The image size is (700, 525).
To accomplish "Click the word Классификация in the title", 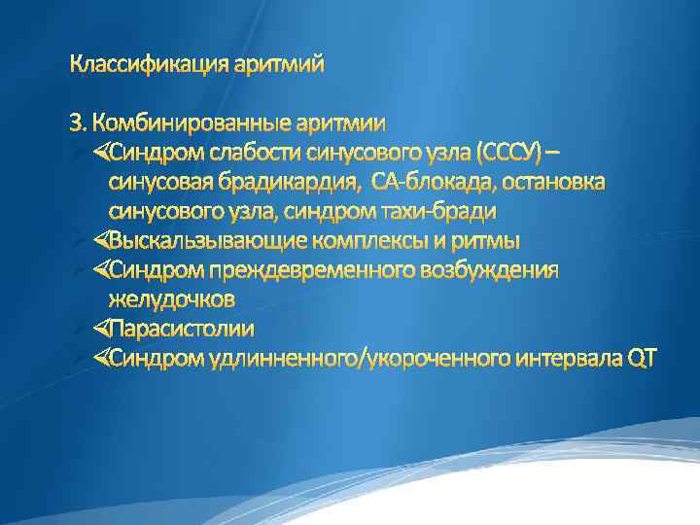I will pos(147,65).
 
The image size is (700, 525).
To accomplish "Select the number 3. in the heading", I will pos(79,123).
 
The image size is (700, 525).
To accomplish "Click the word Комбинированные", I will pos(190,123).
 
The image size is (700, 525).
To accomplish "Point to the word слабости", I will pos(248,153).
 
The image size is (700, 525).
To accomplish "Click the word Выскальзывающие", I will pos(191,240).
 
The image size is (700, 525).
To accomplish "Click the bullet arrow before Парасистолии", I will pos(101,329).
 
